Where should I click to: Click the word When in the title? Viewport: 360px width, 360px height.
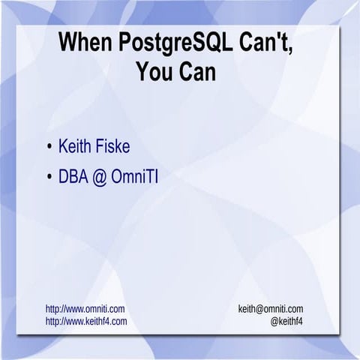click(x=82, y=43)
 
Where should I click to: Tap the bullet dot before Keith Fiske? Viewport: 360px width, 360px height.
click(x=49, y=145)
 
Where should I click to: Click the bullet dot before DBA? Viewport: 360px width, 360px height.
click(x=49, y=178)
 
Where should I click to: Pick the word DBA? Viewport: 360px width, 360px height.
click(x=74, y=178)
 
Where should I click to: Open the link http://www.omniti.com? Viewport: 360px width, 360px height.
click(x=85, y=309)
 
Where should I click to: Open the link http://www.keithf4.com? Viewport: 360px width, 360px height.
click(x=86, y=321)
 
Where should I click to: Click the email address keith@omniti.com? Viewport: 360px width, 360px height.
click(x=271, y=309)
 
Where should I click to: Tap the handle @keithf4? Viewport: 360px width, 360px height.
click(x=287, y=321)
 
